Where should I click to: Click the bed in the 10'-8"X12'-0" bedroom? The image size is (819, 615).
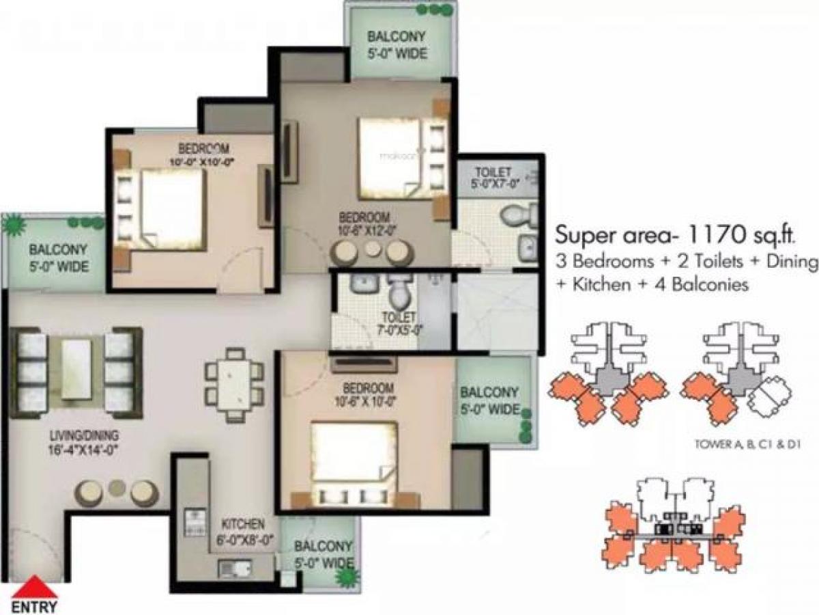394,157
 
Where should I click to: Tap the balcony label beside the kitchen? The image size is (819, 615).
324,554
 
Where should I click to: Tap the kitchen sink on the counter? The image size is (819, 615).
230,568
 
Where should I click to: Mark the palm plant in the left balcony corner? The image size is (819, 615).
13,223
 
